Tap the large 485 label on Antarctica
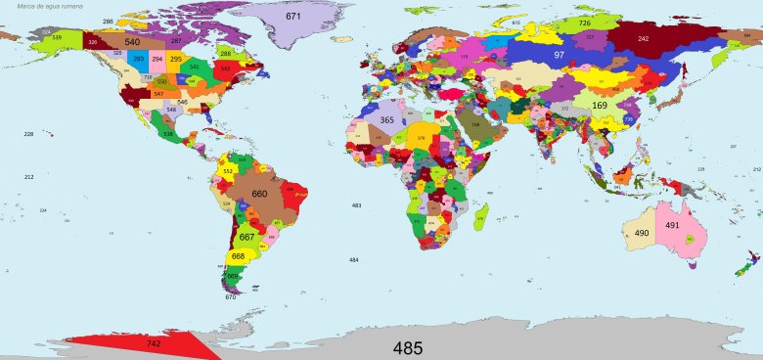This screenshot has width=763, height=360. tap(408, 347)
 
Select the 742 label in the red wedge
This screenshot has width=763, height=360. tap(154, 344)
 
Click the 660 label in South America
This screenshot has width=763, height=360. tap(259, 194)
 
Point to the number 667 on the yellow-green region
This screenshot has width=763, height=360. tap(247, 238)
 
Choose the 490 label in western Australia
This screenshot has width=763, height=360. tap(642, 233)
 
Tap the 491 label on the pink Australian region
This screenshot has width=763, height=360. tap(672, 225)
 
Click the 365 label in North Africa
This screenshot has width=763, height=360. tap(387, 120)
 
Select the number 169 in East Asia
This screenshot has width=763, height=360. tap(600, 105)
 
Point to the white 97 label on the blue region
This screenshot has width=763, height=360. tap(560, 56)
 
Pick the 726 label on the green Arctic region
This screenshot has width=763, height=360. tap(584, 22)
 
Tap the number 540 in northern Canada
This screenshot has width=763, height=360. tap(132, 42)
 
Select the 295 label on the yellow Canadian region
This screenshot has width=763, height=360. tap(175, 60)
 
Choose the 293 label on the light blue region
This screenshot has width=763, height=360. tap(138, 60)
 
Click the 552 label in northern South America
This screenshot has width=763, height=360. tap(228, 171)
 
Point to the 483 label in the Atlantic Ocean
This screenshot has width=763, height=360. tap(356, 205)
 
